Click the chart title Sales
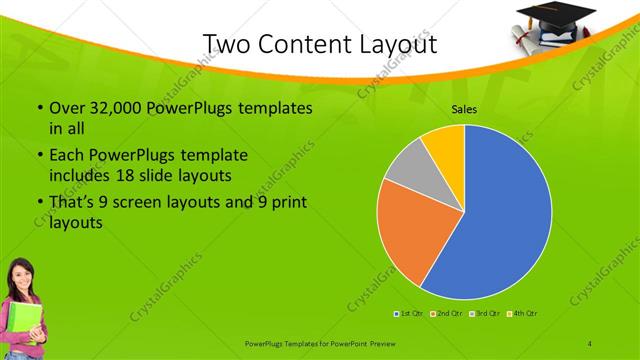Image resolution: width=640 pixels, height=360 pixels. (x=464, y=110)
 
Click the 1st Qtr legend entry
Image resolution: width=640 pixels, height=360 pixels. (x=408, y=314)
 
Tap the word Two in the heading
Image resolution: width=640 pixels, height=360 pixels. (x=228, y=44)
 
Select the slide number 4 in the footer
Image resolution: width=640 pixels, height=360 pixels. (x=590, y=343)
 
